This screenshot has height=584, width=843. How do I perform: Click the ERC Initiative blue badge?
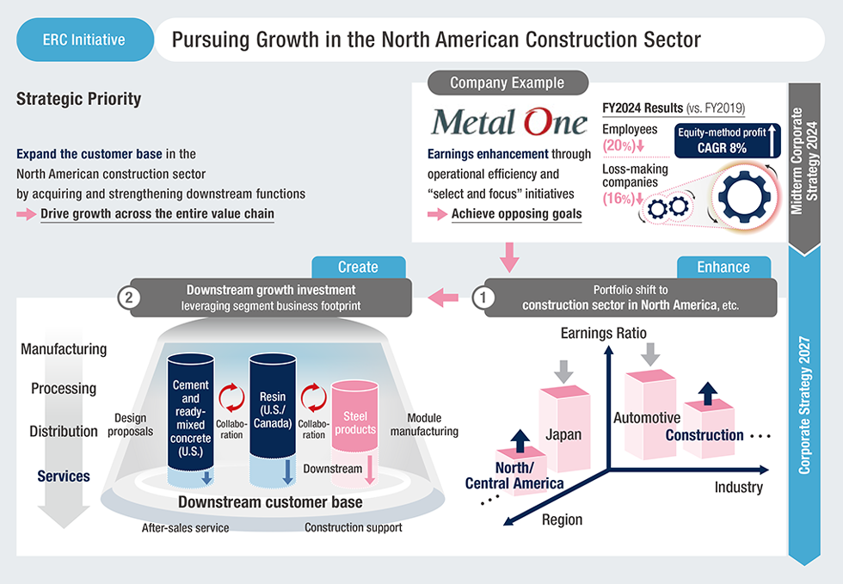pos(83,40)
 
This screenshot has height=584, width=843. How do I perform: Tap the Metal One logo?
pos(509,122)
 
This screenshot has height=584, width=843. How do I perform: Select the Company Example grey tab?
pos(507,83)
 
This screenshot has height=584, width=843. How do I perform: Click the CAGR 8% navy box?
pos(721,141)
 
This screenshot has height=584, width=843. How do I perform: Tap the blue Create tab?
pos(358,267)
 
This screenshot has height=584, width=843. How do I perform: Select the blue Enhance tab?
pos(723,267)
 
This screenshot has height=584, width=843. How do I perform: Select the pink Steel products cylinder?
pos(354,421)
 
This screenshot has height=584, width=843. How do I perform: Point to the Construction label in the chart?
pos(704,434)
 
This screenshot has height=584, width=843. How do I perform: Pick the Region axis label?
pos(562,519)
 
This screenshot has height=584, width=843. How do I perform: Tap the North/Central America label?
pos(514,475)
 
